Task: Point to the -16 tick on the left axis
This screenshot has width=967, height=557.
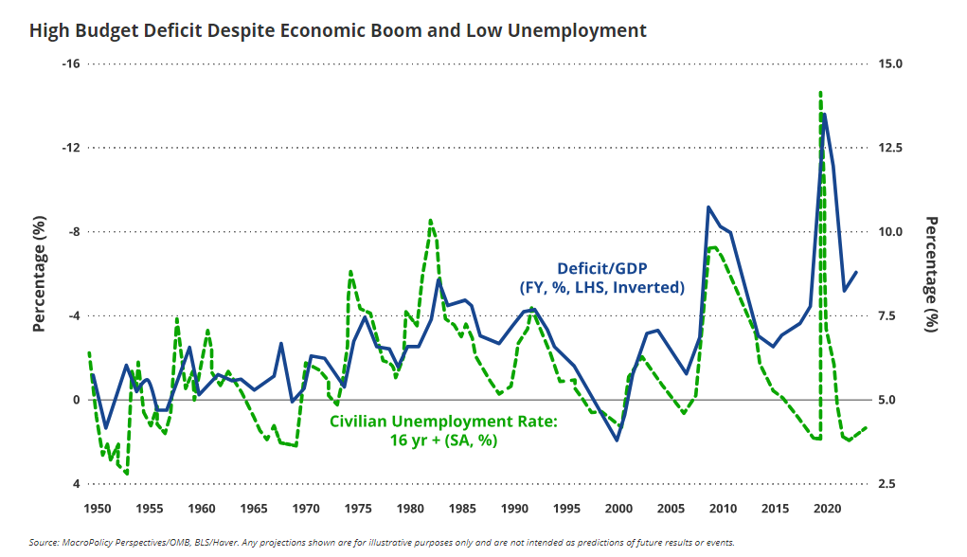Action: tap(70, 63)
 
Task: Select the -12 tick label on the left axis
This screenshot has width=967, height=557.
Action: tap(70, 148)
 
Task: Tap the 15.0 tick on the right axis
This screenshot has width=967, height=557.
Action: tap(892, 63)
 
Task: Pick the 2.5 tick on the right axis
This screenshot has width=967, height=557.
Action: tap(889, 484)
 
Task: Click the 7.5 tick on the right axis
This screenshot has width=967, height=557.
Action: tap(889, 316)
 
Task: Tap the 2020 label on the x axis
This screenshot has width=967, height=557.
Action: tap(829, 508)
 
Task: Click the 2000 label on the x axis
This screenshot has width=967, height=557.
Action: tap(618, 508)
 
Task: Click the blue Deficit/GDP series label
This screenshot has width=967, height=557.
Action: tap(600, 277)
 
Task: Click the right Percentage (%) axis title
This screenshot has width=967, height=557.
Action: tap(933, 273)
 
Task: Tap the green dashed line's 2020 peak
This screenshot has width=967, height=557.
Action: tap(820, 93)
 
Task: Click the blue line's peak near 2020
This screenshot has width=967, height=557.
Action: tap(825, 114)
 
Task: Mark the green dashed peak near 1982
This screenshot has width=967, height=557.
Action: tap(431, 220)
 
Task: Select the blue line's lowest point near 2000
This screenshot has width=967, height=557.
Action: tap(618, 440)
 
